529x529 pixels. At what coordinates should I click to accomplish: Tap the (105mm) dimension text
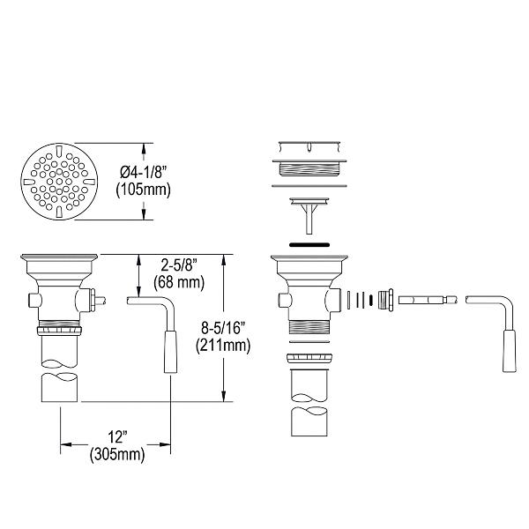point(143,190)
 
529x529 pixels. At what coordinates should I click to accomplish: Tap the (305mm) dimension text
point(116,456)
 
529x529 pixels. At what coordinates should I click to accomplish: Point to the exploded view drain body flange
point(308,262)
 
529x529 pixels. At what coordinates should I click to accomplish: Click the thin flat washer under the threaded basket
point(308,186)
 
